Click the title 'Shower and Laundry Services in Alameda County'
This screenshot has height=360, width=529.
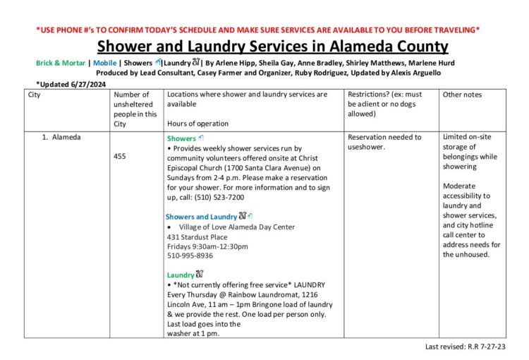272,47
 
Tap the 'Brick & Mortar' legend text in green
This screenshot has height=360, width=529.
60,63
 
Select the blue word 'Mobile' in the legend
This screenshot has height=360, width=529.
104,63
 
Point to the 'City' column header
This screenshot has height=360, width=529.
35,95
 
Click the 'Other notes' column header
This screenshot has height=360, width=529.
462,95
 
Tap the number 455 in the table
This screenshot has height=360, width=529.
120,156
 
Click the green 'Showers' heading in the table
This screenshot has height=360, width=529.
182,138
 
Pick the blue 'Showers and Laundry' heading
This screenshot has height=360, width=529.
201,217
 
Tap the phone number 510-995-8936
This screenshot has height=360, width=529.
190,256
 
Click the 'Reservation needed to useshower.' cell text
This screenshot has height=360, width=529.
384,142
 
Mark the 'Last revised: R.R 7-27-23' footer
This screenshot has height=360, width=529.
466,347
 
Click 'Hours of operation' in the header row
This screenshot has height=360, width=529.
197,124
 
